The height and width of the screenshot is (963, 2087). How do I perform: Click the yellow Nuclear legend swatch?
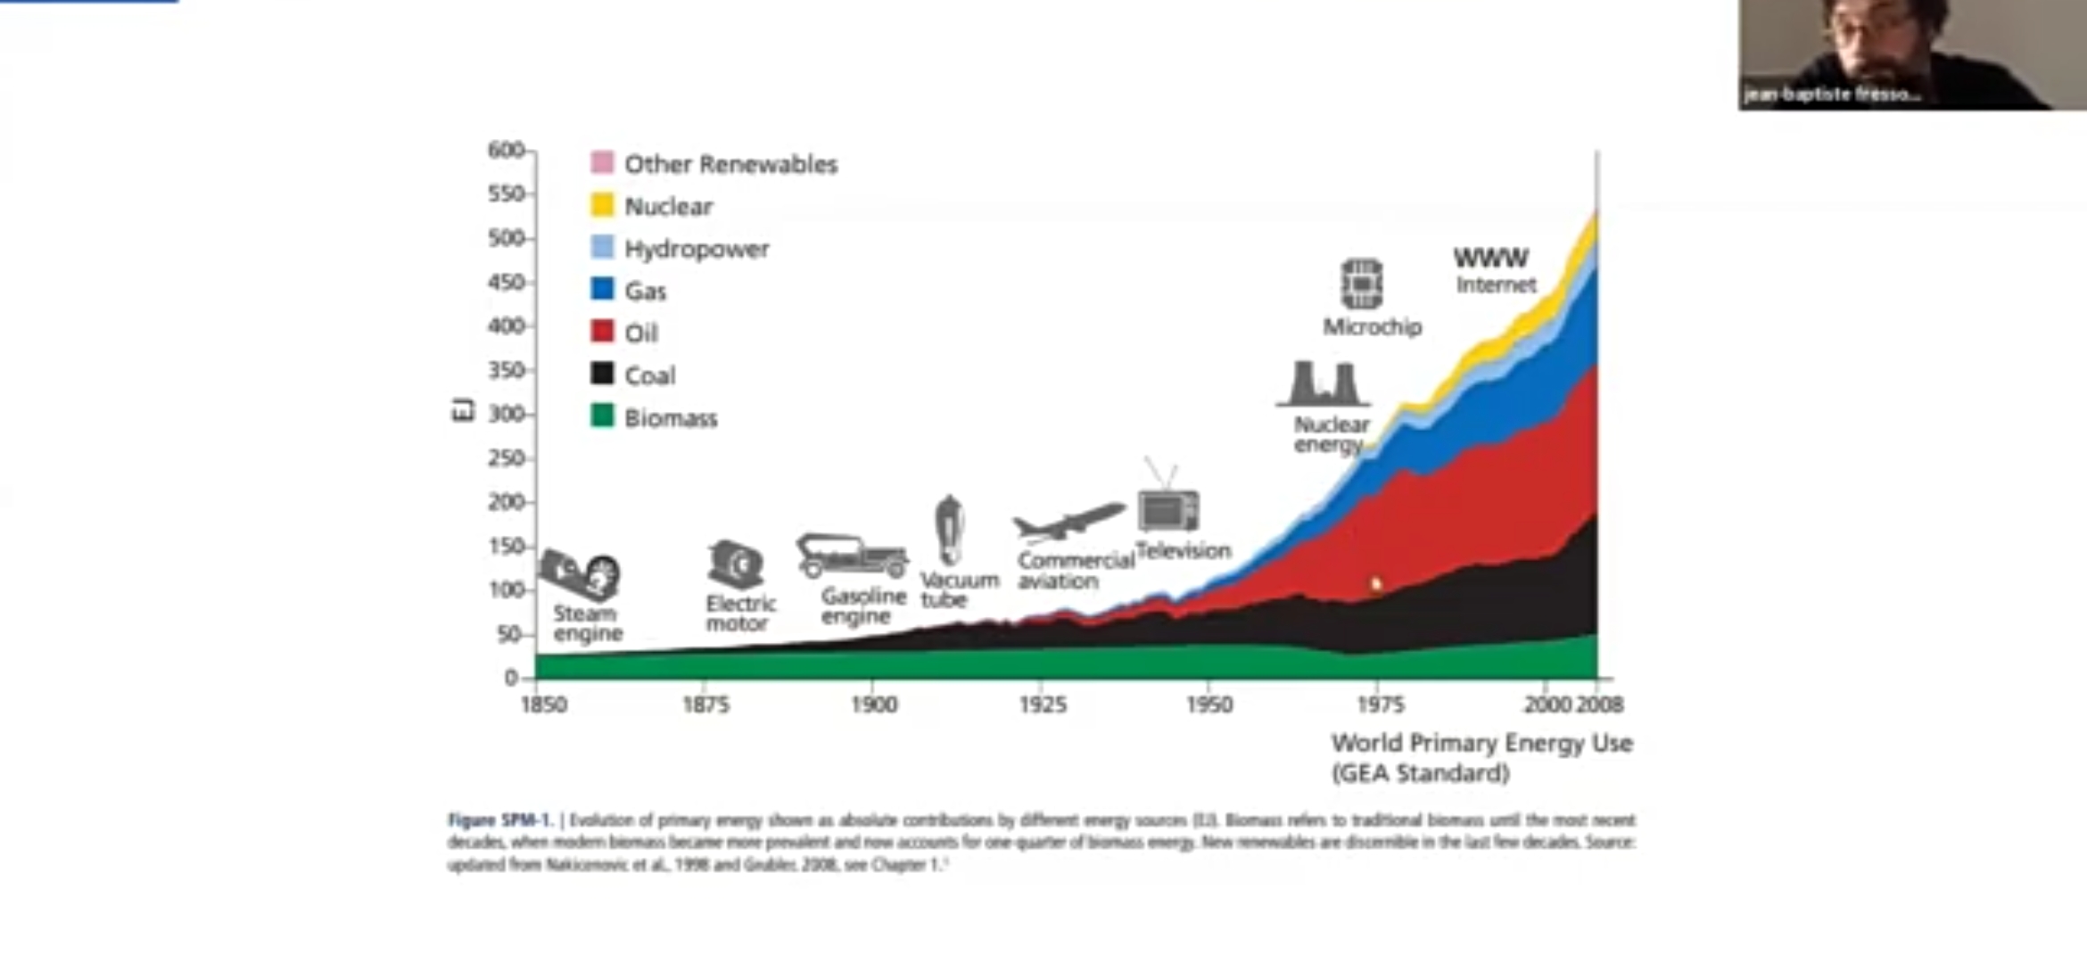pos(602,205)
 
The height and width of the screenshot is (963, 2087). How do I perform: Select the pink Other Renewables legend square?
pos(602,162)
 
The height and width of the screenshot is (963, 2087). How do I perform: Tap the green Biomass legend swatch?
pos(602,416)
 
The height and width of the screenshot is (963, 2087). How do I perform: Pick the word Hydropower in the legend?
pos(697,249)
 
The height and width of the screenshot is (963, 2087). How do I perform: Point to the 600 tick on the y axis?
pos(506,150)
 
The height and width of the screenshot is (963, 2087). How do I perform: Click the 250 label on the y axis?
pos(506,458)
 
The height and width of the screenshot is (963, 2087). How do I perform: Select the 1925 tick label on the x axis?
pos(1043,704)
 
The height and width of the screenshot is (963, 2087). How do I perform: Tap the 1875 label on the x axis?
pos(705,704)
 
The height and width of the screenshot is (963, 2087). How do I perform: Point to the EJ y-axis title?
pos(463,410)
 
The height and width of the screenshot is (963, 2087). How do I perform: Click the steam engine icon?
pos(581,574)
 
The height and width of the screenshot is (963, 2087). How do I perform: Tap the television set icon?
pos(1167,509)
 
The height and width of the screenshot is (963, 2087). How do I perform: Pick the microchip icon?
pos(1362,284)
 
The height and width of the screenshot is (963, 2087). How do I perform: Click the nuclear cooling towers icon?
pos(1324,384)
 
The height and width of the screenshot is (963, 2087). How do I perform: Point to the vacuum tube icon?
pos(949,531)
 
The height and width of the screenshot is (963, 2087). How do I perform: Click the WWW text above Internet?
pos(1490,258)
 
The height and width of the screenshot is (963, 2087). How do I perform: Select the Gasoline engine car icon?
pos(852,556)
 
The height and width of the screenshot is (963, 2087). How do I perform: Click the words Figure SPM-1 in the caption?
pos(500,820)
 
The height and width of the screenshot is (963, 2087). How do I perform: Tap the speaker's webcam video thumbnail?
pos(1911,54)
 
